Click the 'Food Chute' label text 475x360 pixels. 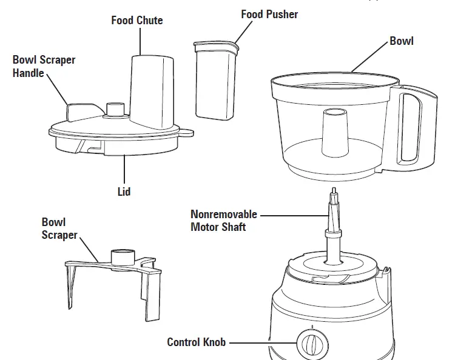[137, 21]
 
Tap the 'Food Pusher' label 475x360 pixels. [269, 14]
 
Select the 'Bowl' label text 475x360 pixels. [401, 41]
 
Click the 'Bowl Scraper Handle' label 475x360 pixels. [44, 67]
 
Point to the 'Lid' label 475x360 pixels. [124, 192]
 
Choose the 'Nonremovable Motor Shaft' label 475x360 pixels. [223, 221]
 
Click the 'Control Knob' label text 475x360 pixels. [196, 342]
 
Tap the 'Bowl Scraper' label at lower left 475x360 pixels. [59, 228]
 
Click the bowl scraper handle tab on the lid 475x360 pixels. [81, 112]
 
